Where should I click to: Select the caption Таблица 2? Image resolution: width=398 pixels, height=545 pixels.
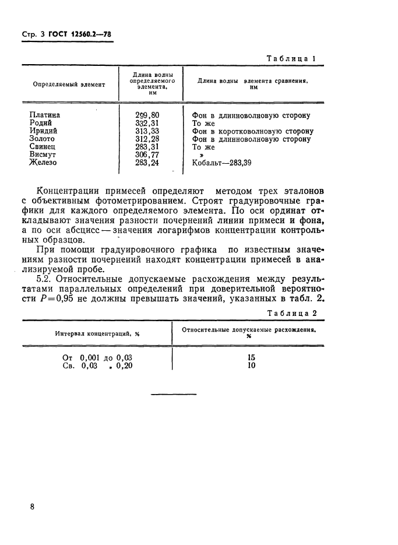tap(292, 312)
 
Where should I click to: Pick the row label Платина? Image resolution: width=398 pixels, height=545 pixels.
tap(44, 115)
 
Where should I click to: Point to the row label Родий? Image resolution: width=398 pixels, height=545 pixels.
tap(40, 124)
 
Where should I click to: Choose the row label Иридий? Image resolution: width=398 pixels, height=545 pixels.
tap(43, 132)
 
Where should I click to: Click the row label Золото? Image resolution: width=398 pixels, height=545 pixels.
tap(42, 139)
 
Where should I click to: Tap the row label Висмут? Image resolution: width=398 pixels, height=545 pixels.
tap(43, 155)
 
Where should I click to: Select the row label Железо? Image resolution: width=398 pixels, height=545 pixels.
tap(43, 163)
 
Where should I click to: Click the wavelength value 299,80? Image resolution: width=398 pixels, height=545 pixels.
tap(147, 115)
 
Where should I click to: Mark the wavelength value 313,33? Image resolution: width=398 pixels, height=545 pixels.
tap(147, 132)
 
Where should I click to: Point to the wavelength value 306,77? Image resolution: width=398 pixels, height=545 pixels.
tap(147, 155)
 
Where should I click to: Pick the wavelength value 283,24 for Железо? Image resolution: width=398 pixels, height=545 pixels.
tap(147, 163)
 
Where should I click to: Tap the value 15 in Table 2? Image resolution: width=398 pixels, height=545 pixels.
tap(252, 358)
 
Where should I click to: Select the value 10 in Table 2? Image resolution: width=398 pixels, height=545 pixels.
tap(252, 366)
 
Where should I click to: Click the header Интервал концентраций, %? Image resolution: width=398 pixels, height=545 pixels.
tap(97, 334)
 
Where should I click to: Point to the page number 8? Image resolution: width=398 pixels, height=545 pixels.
tap(32, 507)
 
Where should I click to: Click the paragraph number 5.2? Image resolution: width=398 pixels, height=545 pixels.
tap(44, 279)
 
